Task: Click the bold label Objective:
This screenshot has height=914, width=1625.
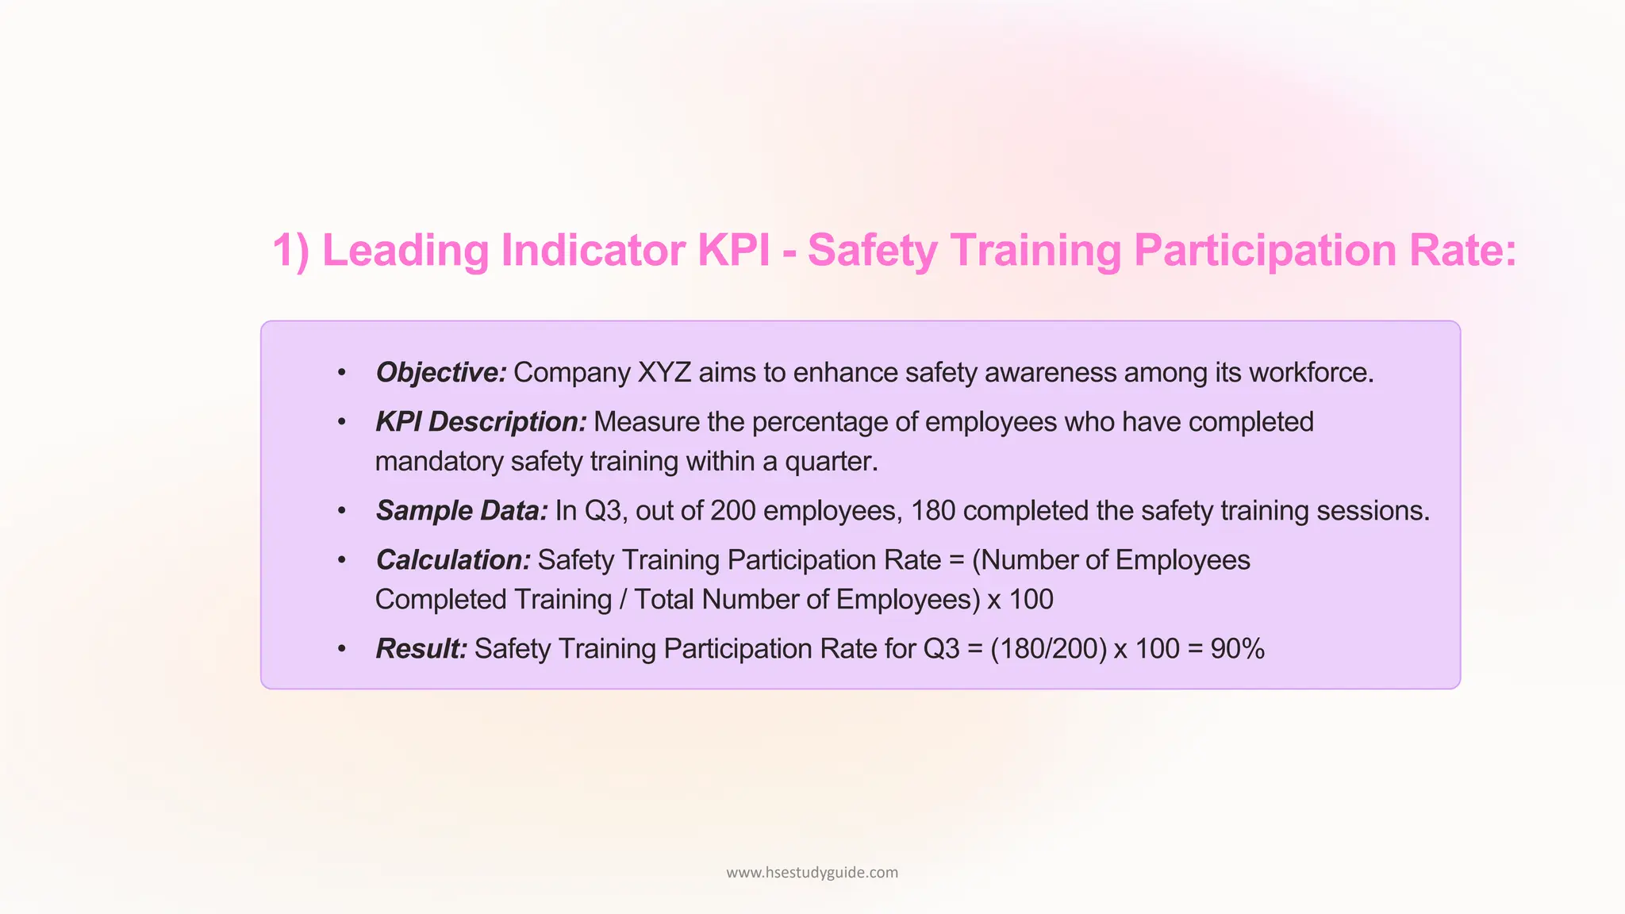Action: (441, 373)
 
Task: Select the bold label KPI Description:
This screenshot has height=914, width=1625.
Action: (481, 422)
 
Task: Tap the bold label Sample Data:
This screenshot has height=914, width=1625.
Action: (462, 511)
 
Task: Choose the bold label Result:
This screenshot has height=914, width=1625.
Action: (421, 649)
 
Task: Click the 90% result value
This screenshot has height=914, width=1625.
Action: (1237, 649)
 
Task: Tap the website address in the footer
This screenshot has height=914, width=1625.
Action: (812, 873)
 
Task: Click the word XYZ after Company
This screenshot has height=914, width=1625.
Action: (664, 373)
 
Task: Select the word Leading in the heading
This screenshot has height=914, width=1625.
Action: (405, 251)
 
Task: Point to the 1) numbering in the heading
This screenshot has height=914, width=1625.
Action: (290, 251)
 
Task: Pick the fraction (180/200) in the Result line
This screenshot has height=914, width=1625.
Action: (1048, 649)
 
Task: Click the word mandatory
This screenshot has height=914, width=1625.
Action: (439, 462)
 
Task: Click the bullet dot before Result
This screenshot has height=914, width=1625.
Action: (342, 650)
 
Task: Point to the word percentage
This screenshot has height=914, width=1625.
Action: (820, 422)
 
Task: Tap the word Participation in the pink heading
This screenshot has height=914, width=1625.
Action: (1266, 251)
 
